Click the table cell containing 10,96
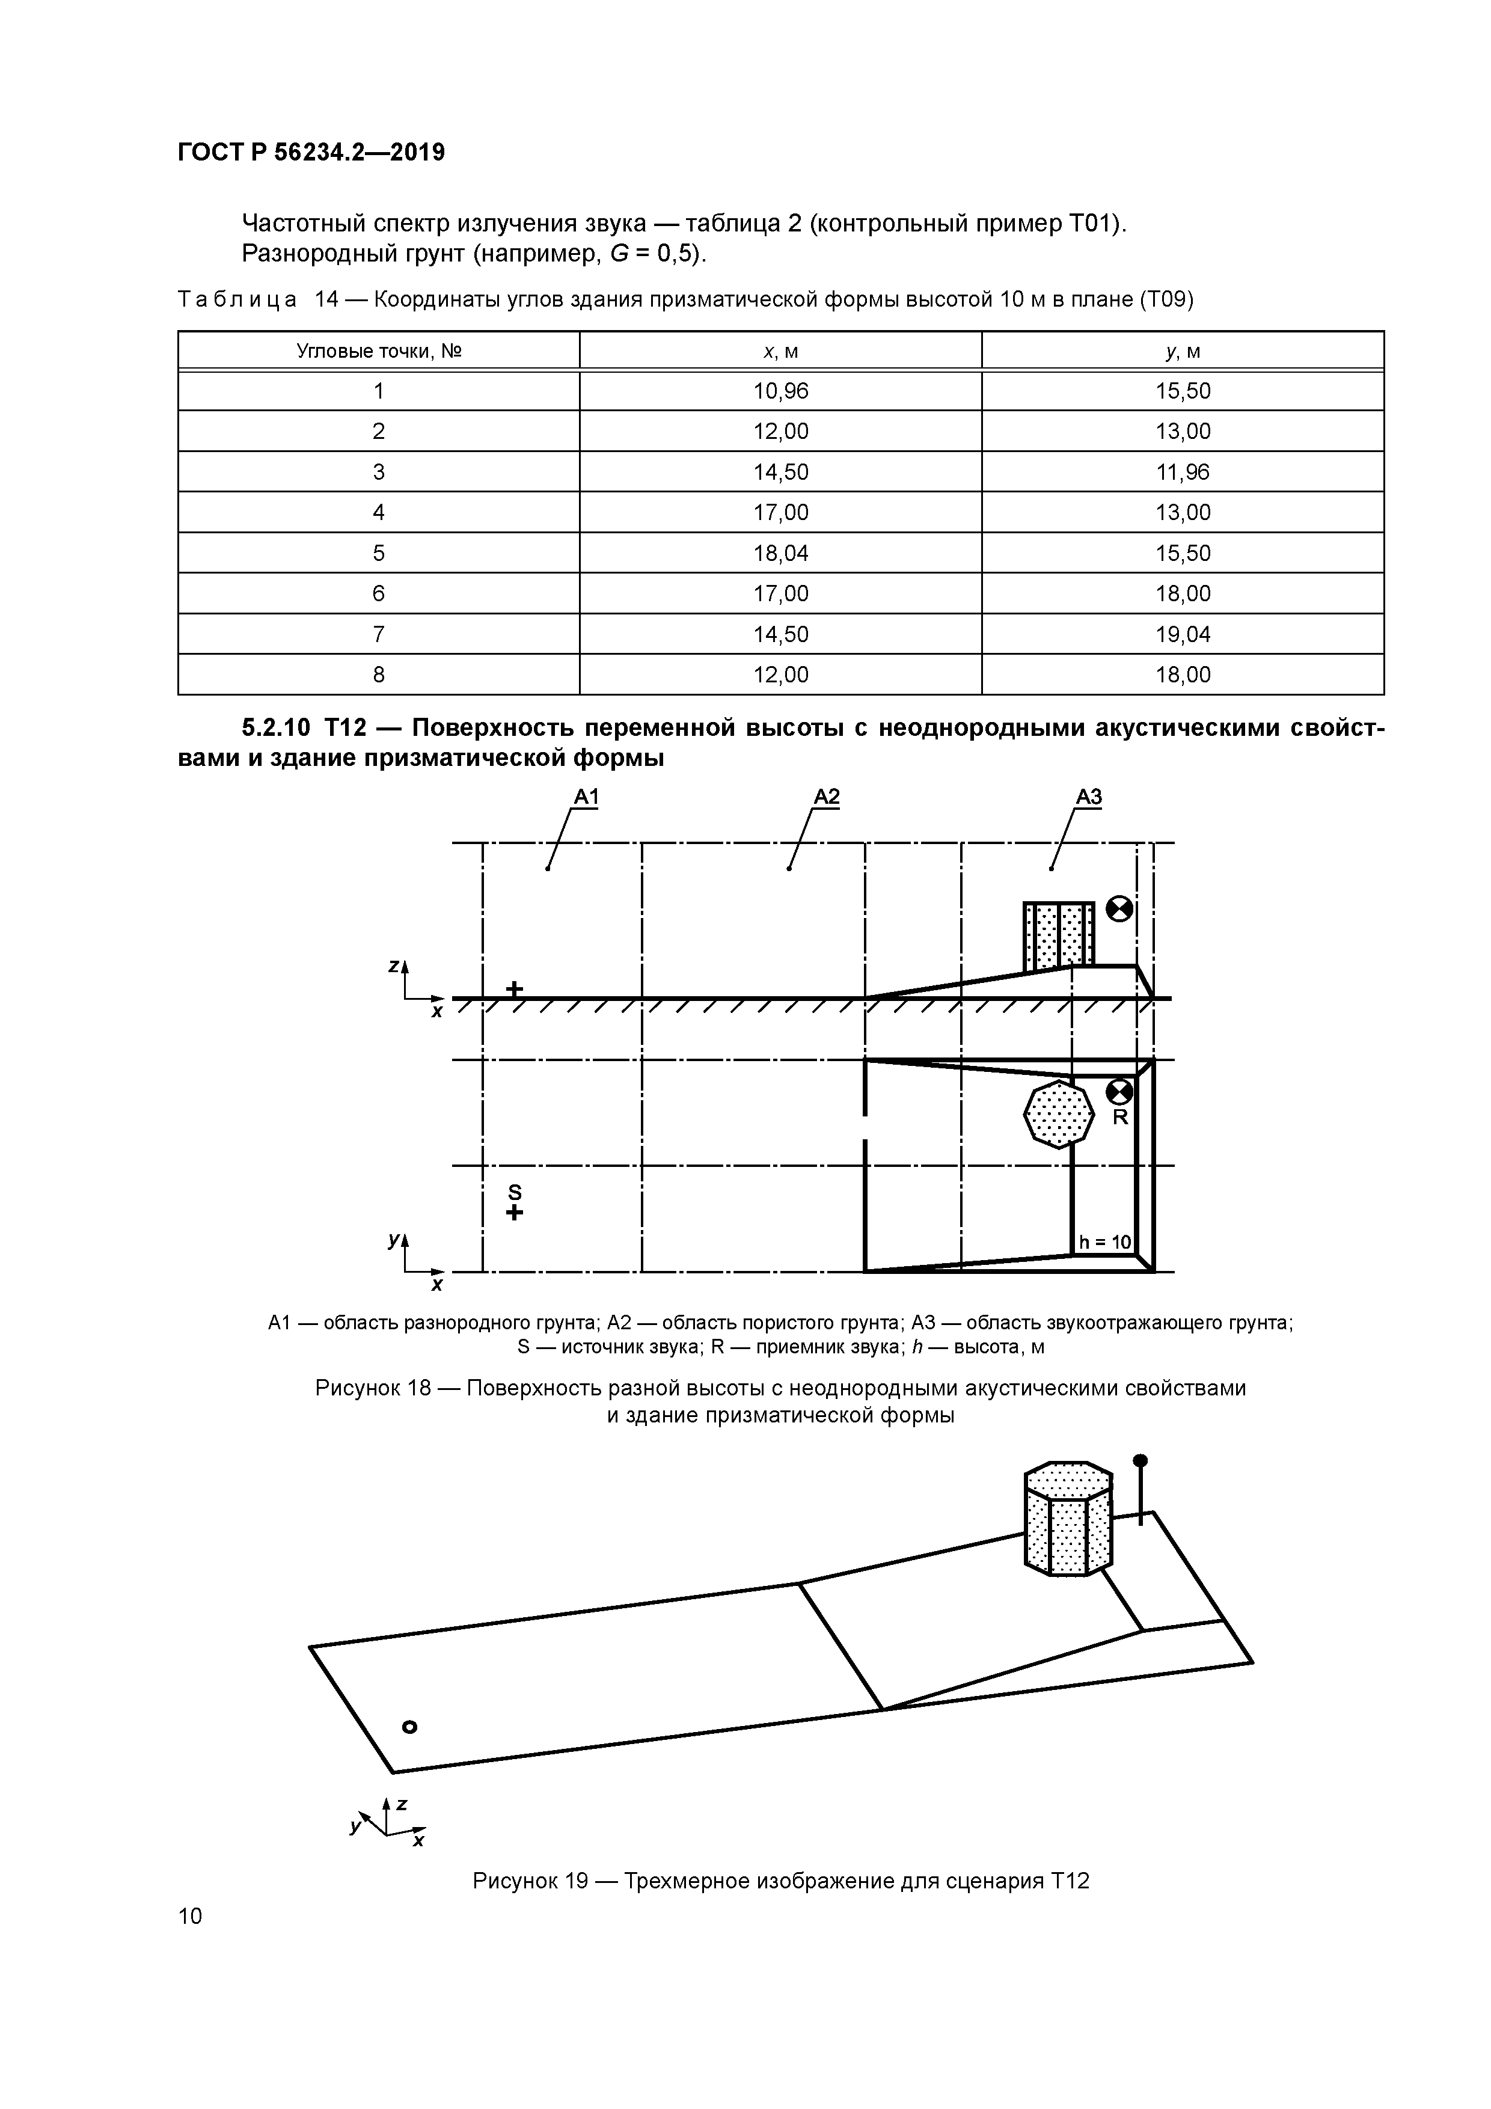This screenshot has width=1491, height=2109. click(x=781, y=391)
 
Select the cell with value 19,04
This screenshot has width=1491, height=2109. click(x=1183, y=634)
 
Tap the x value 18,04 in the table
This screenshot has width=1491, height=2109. click(x=781, y=553)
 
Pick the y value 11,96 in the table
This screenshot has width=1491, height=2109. click(x=1183, y=472)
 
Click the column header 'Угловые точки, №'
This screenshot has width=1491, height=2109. click(x=379, y=351)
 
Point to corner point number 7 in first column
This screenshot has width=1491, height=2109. click(x=379, y=634)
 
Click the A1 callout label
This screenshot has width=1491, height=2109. click(x=586, y=797)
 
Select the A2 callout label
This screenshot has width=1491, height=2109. click(x=827, y=797)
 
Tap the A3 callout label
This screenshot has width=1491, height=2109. click(x=1089, y=797)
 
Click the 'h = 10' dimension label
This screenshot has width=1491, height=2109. click(x=1105, y=1243)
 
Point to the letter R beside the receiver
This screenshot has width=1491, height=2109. click(x=1120, y=1118)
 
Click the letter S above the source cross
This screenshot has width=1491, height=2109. click(x=515, y=1192)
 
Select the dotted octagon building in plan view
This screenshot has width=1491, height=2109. click(x=1058, y=1114)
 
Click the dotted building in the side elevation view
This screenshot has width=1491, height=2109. click(x=1058, y=936)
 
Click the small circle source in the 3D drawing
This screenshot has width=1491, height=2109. click(x=411, y=1727)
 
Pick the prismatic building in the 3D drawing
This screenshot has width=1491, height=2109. click(x=1068, y=1520)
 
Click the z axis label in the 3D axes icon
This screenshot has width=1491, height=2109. click(x=402, y=1804)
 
